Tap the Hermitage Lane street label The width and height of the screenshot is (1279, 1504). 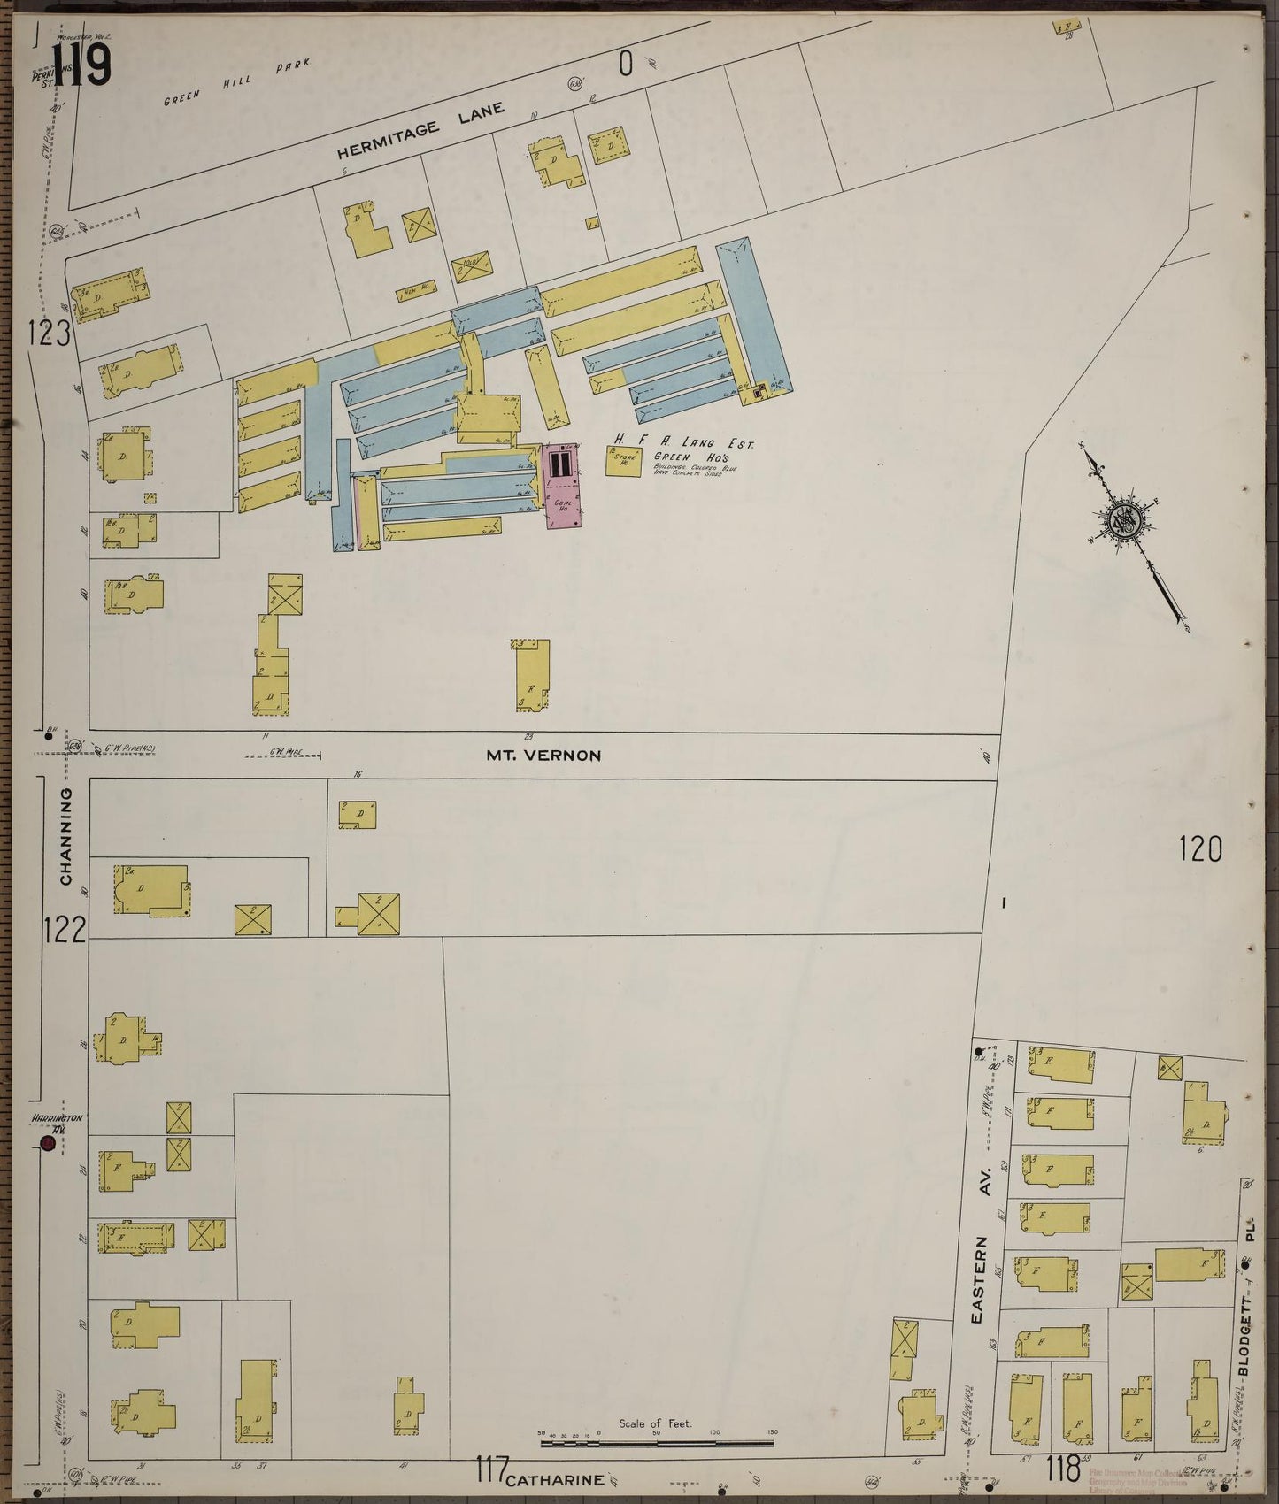point(421,131)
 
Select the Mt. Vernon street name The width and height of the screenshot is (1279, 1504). point(543,756)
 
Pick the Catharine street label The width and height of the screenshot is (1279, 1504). point(557,1478)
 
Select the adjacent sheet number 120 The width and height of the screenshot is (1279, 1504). point(1200,849)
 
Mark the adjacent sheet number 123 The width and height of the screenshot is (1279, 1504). point(48,334)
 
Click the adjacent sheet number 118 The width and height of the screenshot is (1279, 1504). point(1062,1470)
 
